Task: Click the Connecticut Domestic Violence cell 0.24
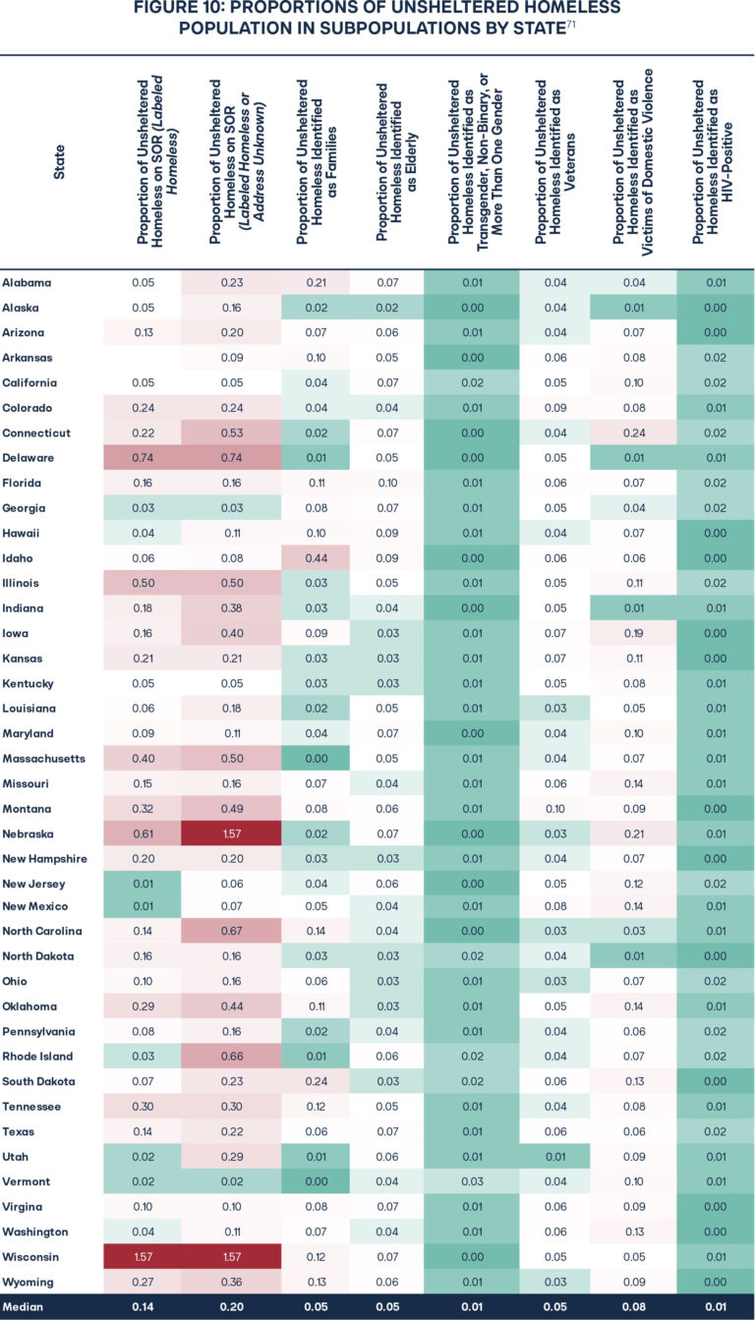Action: (x=633, y=433)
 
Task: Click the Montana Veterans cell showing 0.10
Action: (x=555, y=808)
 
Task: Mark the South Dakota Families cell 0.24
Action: (x=315, y=1081)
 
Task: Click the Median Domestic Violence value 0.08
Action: (x=633, y=1307)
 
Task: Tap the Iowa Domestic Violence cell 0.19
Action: (x=633, y=633)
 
